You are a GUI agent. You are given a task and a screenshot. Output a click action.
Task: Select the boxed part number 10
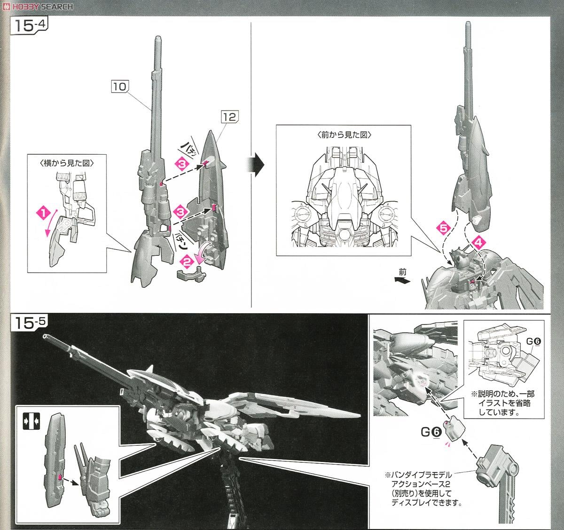tap(119, 87)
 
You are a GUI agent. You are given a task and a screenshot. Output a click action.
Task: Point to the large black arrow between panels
tap(256, 165)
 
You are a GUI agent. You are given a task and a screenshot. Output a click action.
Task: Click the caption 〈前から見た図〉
tap(345, 135)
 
